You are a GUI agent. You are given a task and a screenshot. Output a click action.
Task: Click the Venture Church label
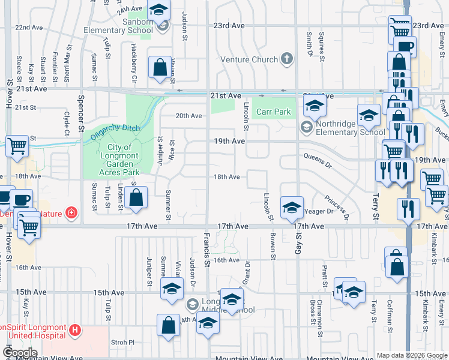249,59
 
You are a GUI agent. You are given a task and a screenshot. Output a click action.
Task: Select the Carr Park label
273,112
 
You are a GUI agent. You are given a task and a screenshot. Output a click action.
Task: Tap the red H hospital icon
74,329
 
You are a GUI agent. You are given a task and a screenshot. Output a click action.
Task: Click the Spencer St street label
79,114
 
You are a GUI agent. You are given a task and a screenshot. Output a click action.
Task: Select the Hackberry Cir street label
134,64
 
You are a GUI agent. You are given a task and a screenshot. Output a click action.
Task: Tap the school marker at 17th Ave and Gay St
291,208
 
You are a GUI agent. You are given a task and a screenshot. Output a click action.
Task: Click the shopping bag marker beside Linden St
136,197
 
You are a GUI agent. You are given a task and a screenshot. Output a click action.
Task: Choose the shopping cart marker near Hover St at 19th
17,145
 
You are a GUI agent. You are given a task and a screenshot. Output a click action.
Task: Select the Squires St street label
322,47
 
